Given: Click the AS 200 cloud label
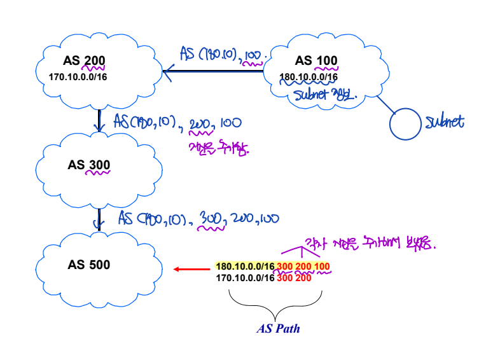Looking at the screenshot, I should pos(84,62).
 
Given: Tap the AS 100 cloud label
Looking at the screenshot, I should pos(316,62).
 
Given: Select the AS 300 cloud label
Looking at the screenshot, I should pos(89,165).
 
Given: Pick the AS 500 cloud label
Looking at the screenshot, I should pos(89,265).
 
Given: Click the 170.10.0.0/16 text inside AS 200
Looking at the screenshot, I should pos(77,77).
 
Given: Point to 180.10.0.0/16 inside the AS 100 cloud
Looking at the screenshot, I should pos(309,77).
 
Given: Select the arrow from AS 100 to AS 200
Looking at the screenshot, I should pos(213,71).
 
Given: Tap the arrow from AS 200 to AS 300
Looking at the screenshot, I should pos(99,120).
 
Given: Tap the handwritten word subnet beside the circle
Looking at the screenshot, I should pos(445,122).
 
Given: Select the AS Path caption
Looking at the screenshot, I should pos(278,329).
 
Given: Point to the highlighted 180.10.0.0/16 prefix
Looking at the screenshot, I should pos(244,266).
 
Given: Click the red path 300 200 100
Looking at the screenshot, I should pos(303,266).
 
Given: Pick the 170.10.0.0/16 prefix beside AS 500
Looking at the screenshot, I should pos(244,278).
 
